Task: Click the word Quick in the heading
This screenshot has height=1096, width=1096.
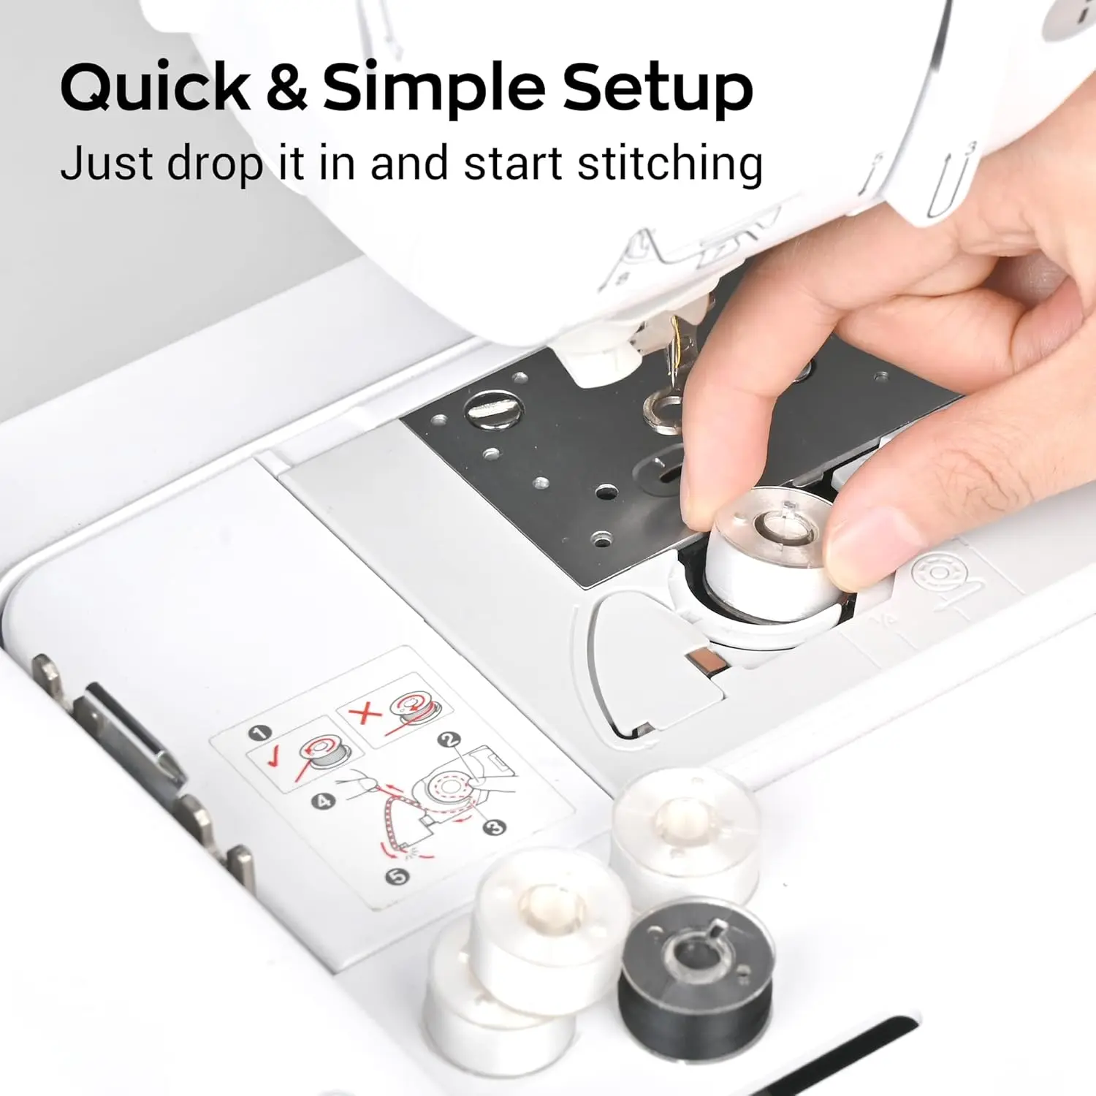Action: [156, 88]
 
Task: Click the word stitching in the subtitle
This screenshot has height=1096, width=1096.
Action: [670, 164]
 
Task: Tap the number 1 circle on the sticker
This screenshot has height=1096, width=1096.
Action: [259, 733]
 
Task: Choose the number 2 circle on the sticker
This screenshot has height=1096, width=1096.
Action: [450, 740]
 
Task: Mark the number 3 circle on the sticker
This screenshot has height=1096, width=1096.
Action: [496, 826]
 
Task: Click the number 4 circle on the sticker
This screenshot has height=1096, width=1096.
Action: [323, 801]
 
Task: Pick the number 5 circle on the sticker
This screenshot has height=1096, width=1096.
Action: [397, 875]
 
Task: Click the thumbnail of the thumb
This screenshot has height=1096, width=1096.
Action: [866, 544]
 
